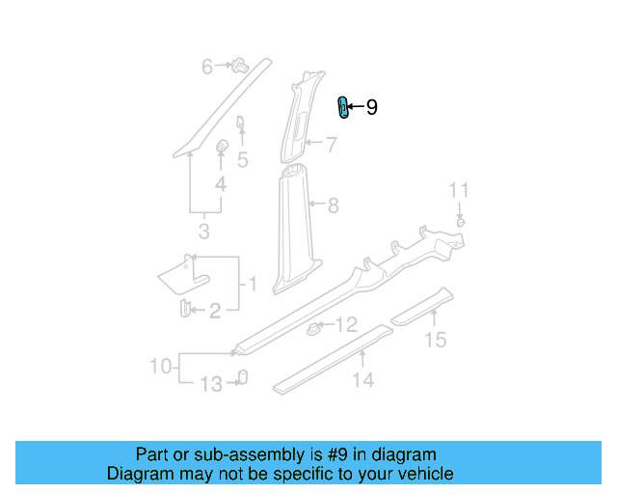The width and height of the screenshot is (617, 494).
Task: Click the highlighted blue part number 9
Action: (342, 108)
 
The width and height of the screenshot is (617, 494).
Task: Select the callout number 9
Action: (371, 108)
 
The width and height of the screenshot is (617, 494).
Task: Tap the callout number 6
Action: (206, 67)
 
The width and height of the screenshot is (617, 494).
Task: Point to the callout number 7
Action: (331, 146)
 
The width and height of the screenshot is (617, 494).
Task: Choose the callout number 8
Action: (334, 205)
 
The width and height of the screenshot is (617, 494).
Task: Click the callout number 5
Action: (243, 160)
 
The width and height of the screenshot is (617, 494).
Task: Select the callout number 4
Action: (221, 183)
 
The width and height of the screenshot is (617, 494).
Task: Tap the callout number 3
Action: (203, 231)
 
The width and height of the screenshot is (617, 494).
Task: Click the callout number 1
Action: (253, 284)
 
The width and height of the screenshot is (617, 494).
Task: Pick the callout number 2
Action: (216, 310)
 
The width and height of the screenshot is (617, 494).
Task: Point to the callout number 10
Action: (160, 366)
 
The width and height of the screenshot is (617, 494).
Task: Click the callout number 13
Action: (210, 385)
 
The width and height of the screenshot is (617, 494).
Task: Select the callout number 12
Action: (346, 325)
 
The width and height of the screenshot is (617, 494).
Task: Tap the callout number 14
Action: (362, 380)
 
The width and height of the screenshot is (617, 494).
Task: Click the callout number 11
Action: (460, 189)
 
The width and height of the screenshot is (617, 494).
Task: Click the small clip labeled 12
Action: (313, 330)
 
